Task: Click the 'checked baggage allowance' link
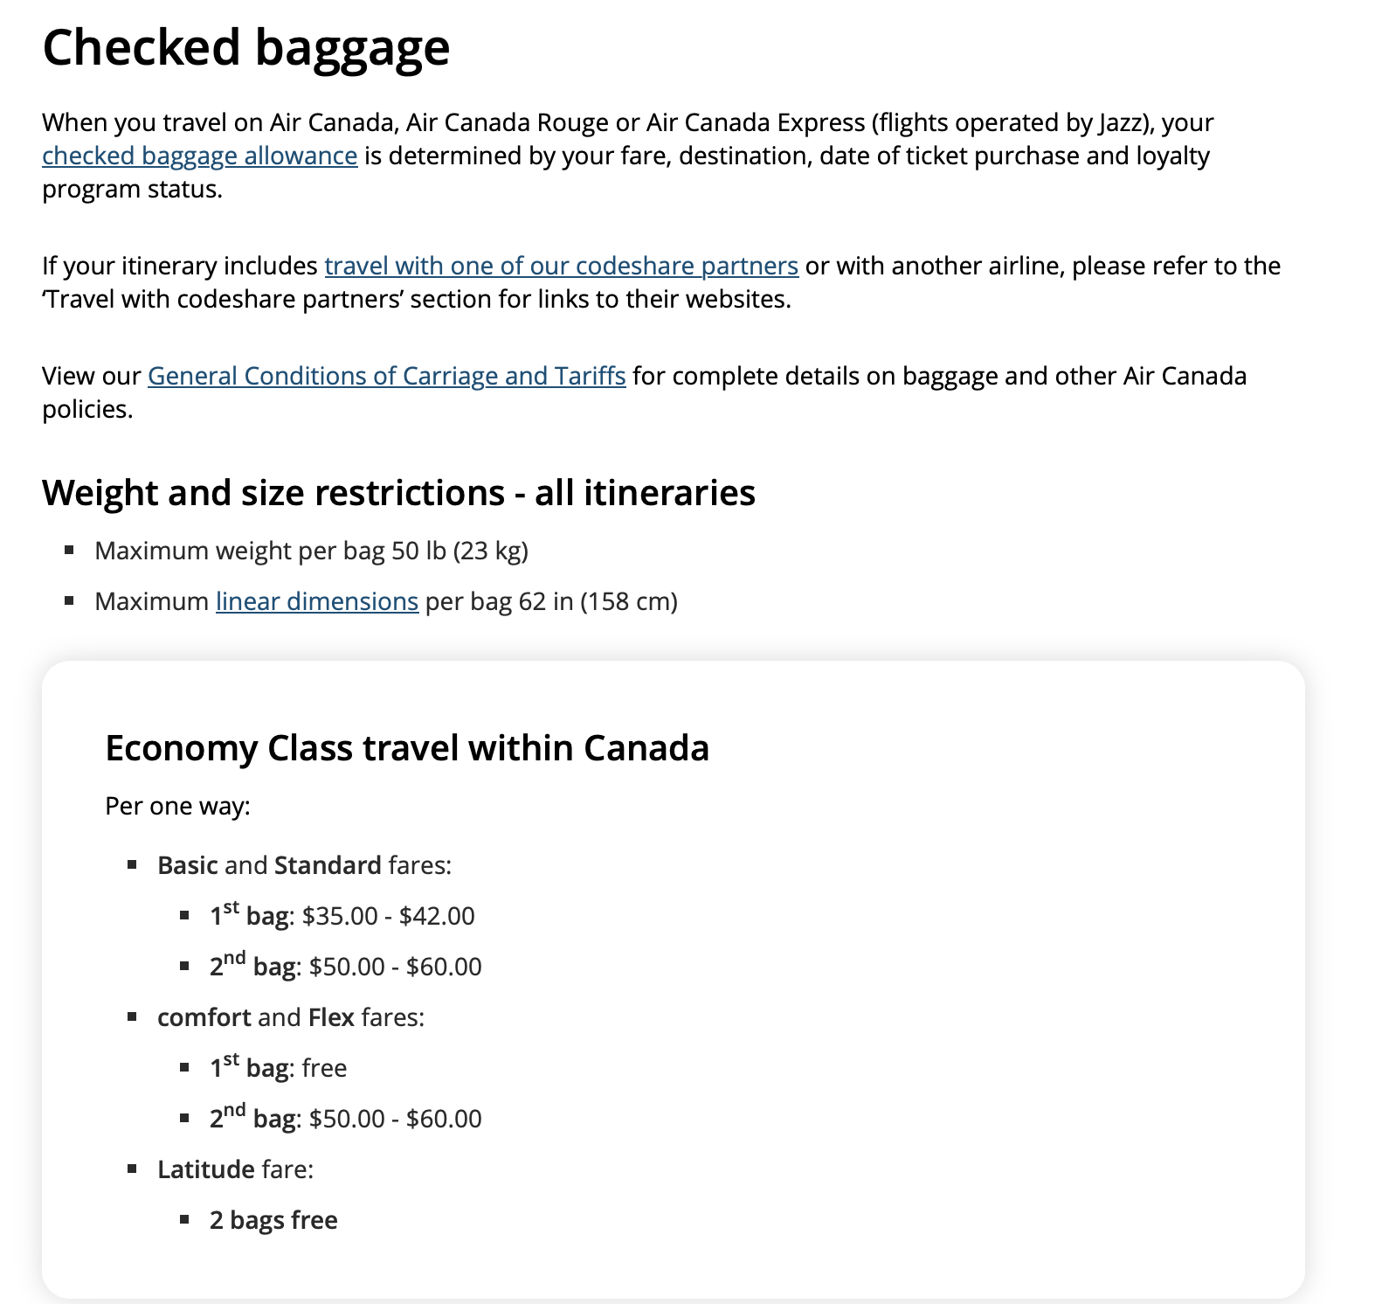click(199, 156)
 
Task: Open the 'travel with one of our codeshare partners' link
click(561, 266)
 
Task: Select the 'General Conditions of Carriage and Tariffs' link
click(386, 376)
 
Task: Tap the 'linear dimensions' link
click(316, 601)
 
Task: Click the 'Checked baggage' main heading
click(245, 47)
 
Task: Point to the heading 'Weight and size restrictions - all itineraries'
click(398, 493)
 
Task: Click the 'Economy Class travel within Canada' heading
click(406, 748)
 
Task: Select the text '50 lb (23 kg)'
click(460, 551)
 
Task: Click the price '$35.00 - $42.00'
click(388, 916)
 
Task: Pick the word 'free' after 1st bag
click(324, 1068)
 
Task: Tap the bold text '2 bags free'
click(273, 1220)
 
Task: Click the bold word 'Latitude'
click(205, 1169)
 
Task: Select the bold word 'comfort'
click(204, 1017)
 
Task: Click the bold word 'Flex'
click(331, 1017)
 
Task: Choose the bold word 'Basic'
click(187, 865)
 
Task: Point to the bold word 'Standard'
click(328, 865)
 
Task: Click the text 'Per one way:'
click(177, 806)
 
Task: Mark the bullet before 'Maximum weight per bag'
click(69, 550)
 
